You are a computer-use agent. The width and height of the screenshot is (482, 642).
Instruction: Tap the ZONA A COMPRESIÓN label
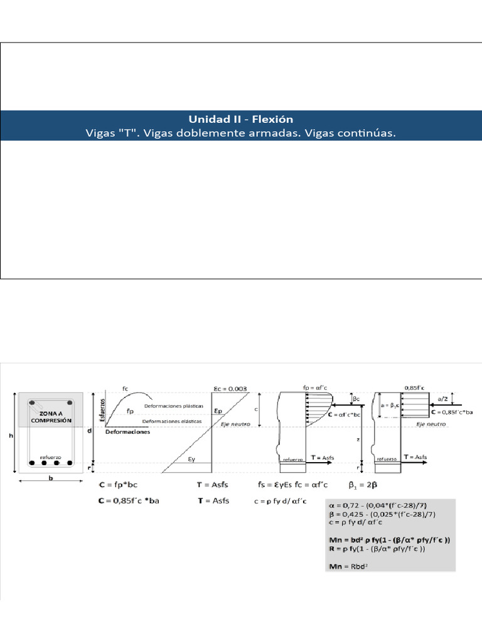50,416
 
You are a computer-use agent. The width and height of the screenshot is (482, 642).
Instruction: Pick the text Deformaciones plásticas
173,406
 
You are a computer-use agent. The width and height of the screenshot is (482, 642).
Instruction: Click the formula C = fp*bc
122,485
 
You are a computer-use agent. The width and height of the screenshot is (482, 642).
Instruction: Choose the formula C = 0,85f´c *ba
129,500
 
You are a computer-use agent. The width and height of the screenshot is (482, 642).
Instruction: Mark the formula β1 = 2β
364,485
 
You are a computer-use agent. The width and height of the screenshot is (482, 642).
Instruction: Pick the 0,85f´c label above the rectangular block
416,388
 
